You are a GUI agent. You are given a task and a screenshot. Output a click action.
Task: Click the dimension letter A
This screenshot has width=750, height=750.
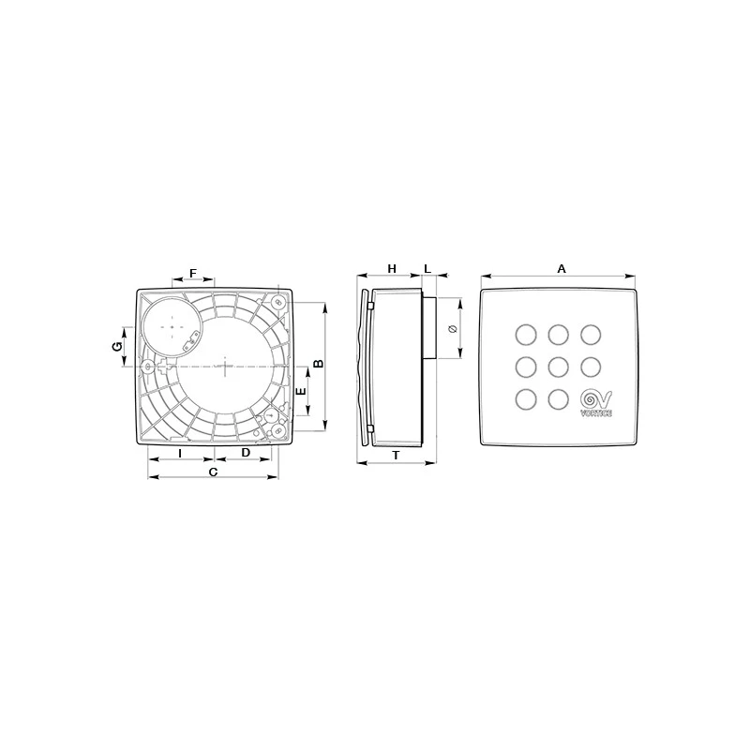[x=562, y=268]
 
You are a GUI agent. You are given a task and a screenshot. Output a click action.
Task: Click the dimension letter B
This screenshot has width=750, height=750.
[x=318, y=363]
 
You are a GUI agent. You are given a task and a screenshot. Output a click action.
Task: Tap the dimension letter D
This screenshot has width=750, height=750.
[x=246, y=453]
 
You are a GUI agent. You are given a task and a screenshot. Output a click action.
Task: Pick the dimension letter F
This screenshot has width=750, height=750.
[x=193, y=273]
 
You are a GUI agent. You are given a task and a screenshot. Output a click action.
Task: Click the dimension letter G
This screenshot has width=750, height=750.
[x=117, y=346]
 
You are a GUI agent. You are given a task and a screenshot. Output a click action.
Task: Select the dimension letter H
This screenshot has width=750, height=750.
[x=392, y=268]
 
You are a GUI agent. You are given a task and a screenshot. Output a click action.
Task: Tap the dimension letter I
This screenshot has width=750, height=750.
[x=180, y=453]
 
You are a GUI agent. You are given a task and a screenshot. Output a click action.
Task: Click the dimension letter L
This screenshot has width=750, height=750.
[x=427, y=268]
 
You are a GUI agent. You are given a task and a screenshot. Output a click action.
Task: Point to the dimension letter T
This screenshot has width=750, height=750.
[x=396, y=455]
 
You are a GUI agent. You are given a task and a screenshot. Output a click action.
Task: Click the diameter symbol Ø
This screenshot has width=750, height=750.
[x=453, y=328]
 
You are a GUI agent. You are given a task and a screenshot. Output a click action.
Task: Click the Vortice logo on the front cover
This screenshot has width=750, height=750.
[x=596, y=402]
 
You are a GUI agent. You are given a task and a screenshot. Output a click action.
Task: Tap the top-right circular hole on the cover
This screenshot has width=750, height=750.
[x=592, y=334]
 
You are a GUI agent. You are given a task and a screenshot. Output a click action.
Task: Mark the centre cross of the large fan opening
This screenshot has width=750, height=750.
[x=225, y=365]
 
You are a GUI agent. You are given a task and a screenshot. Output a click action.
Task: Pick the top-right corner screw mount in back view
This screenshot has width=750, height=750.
[x=278, y=303]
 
